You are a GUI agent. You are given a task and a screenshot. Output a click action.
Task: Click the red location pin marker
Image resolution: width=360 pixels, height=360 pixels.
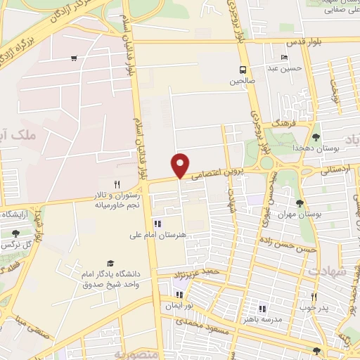click(x=181, y=165)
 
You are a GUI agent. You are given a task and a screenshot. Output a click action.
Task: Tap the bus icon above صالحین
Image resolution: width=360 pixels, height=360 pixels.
click(x=243, y=70)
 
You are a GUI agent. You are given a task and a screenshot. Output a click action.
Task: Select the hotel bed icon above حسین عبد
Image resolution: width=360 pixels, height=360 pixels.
click(x=284, y=58)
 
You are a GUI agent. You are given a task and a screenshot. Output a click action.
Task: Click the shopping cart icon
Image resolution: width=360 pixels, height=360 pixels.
click(x=74, y=59)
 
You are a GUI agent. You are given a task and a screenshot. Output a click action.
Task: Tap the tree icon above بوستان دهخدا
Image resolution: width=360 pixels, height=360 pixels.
click(x=316, y=137)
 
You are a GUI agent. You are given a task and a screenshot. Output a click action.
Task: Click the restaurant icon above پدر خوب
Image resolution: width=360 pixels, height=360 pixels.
click(x=314, y=297)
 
